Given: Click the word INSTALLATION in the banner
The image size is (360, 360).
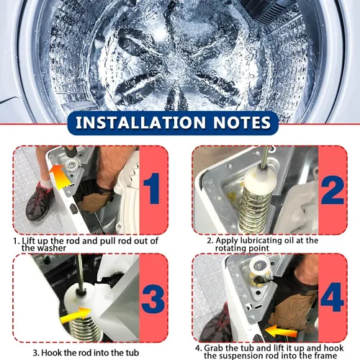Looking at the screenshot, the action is point(140,122).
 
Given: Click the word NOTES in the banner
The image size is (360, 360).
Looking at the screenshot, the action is point(242,122).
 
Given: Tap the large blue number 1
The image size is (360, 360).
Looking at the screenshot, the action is point(152,189).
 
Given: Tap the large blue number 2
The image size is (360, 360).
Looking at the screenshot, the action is point(333,189).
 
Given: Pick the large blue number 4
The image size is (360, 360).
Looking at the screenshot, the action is point(333,297).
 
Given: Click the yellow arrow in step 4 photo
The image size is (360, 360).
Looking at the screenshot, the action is point(281,332).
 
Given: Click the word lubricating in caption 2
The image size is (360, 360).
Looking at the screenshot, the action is point(267,240).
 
